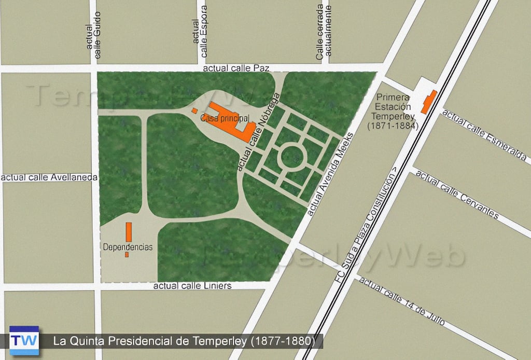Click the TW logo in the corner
24,340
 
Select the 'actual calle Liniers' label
192,286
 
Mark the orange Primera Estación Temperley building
429,102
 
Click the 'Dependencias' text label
128,247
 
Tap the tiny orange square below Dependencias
127,255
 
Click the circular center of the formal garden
291,157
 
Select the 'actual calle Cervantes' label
456,195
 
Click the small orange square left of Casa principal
194,110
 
